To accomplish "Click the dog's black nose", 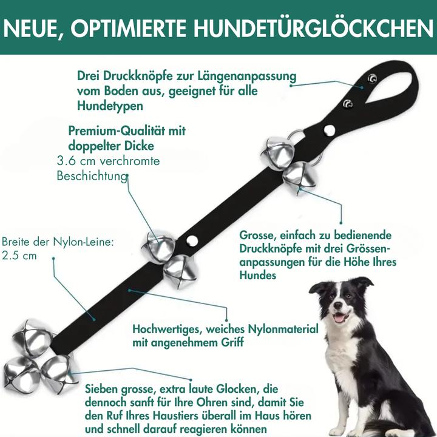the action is pyautogui.click(x=337, y=305).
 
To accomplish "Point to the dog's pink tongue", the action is pyautogui.click(x=339, y=318).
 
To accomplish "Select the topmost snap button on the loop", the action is pyautogui.click(x=372, y=78).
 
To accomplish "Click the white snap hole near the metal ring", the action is pyautogui.click(x=330, y=130).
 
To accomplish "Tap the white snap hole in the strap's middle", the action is pyautogui.click(x=192, y=241).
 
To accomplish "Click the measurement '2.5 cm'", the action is pyautogui.click(x=19, y=256).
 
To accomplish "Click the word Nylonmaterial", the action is pyautogui.click(x=283, y=329).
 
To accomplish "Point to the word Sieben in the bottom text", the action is pyautogui.click(x=101, y=389).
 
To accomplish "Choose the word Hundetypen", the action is pyautogui.click(x=110, y=106).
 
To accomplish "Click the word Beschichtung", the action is pyautogui.click(x=92, y=176).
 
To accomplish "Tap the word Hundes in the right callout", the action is pyautogui.click(x=258, y=276).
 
